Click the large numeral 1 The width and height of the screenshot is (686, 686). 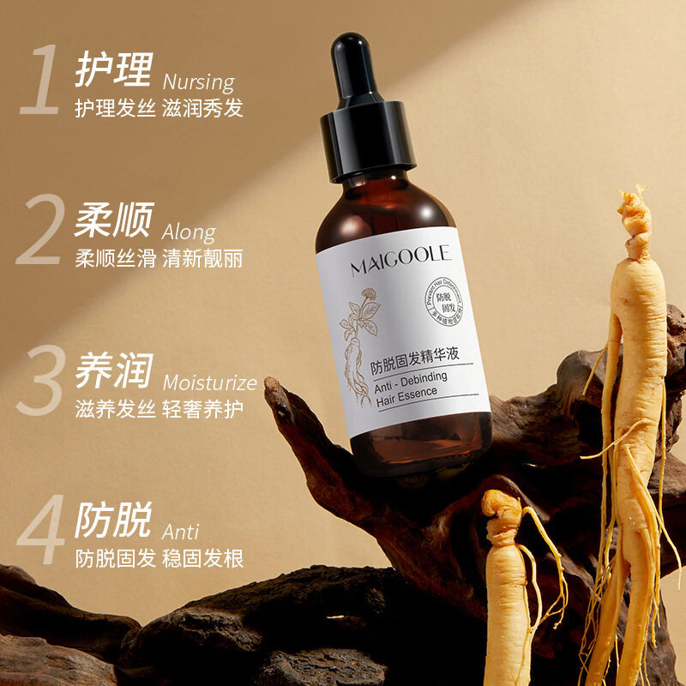[x=39, y=82]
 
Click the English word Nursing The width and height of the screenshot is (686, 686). [x=198, y=82]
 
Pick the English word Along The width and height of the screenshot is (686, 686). [x=189, y=232]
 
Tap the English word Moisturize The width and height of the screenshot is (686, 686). [x=209, y=382]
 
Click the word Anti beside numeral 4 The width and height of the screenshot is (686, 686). [x=180, y=530]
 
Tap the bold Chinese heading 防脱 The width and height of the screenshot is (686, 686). [x=113, y=521]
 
